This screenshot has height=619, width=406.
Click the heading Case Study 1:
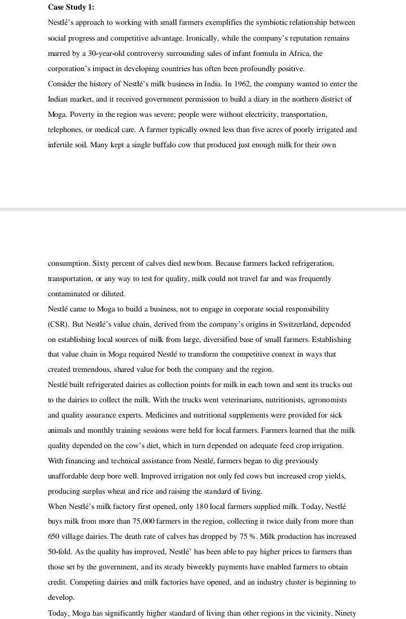tap(71, 7)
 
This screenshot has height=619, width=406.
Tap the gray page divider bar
tap(203, 209)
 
